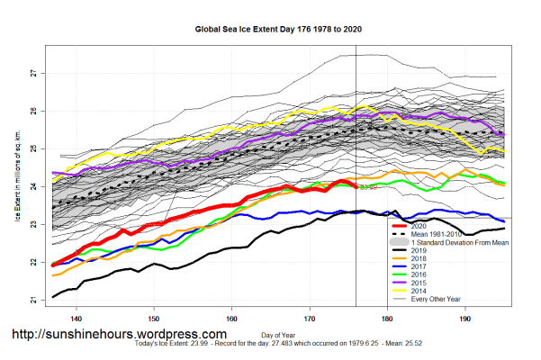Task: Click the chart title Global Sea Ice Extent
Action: [x=269, y=29]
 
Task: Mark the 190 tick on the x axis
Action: [x=464, y=319]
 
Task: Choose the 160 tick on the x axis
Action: [x=232, y=319]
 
